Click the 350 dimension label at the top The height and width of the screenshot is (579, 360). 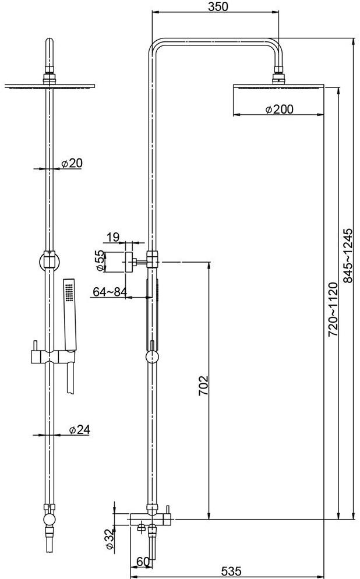(x=216, y=7)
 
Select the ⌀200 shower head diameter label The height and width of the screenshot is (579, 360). (x=278, y=109)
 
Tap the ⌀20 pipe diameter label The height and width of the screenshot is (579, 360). (x=72, y=163)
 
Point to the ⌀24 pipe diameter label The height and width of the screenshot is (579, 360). (x=79, y=430)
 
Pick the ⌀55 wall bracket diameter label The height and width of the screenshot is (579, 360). (x=100, y=260)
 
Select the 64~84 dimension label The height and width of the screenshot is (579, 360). (x=110, y=292)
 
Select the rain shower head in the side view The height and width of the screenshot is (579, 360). (x=278, y=87)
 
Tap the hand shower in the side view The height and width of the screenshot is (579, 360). (x=156, y=291)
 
